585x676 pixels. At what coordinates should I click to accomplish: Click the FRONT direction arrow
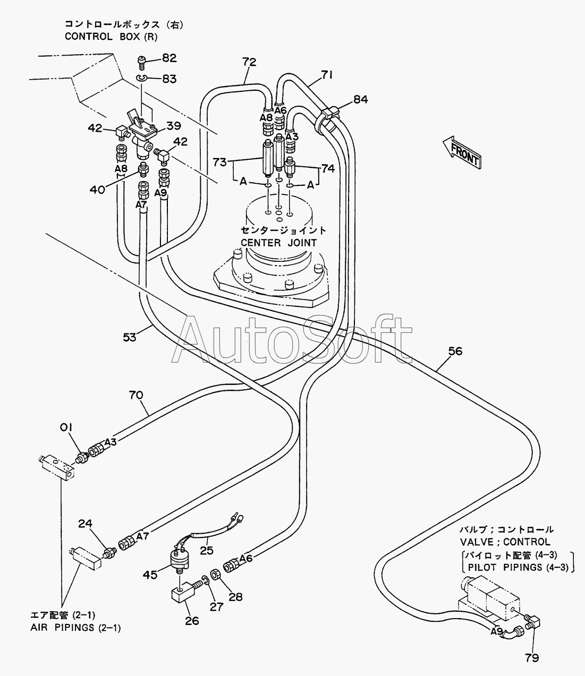(462, 152)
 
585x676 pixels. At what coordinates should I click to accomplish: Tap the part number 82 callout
(169, 58)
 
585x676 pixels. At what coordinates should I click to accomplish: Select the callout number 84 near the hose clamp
(361, 99)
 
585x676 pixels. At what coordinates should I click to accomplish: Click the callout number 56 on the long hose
(455, 351)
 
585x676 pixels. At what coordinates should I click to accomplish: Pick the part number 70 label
(136, 395)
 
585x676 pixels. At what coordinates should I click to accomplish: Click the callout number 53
(130, 337)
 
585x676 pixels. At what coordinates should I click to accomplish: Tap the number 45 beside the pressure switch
(150, 575)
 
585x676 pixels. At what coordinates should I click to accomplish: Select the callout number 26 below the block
(192, 620)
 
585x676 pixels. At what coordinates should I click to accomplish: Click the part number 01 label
(66, 427)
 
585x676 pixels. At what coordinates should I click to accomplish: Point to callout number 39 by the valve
(174, 125)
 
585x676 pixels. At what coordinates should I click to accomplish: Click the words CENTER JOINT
(279, 243)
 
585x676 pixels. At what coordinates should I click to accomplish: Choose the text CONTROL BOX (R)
(111, 37)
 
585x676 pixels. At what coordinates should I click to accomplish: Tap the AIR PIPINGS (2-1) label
(75, 628)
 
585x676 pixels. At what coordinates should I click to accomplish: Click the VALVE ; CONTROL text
(505, 542)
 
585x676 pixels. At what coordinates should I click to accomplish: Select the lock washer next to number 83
(141, 78)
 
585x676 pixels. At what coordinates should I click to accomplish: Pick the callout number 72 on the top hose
(249, 62)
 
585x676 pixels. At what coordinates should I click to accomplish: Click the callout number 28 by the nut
(235, 597)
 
